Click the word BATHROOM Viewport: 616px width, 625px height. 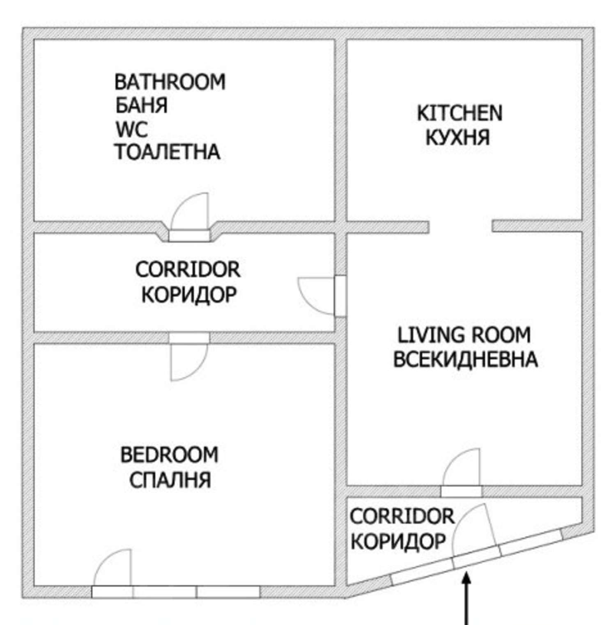(170, 82)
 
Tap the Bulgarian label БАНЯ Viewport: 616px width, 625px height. (141, 106)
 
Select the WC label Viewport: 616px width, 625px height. (131, 129)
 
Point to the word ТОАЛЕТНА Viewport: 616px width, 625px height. (168, 152)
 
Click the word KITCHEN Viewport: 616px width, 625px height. (460, 113)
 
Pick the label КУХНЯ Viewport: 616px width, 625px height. (458, 137)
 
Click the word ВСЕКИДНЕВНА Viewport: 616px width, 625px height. (466, 359)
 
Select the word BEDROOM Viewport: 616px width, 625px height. (169, 455)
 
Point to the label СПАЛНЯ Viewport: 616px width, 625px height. (170, 480)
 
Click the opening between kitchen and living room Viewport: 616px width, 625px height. (461, 226)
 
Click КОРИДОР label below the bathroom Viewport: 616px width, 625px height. (189, 294)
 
